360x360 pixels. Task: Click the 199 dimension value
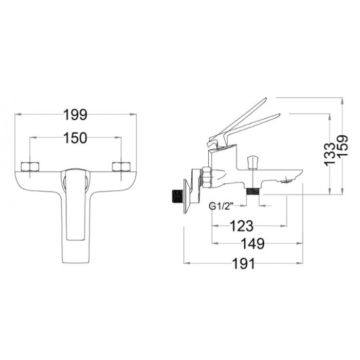(x=75, y=115)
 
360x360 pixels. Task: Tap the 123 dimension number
(x=241, y=226)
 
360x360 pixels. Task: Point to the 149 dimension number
(x=252, y=243)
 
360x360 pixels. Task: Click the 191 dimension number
(x=243, y=263)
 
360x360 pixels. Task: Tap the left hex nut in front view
(x=30, y=167)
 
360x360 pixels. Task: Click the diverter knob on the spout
(x=252, y=162)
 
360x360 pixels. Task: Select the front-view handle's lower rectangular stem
(x=75, y=219)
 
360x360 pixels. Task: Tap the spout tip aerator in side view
(x=288, y=181)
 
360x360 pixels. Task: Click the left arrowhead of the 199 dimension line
(x=18, y=115)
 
